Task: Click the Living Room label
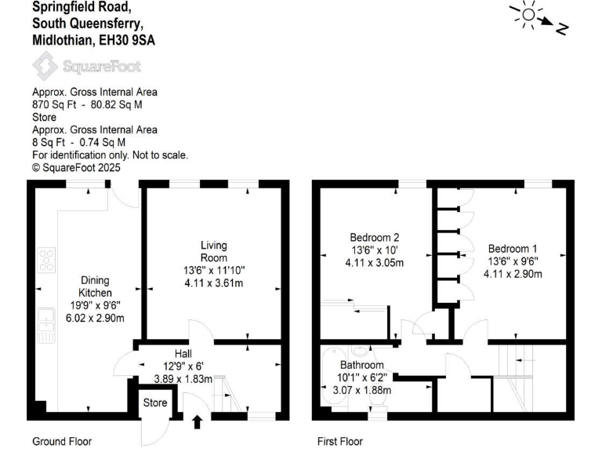click(213, 251)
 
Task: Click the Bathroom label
click(361, 366)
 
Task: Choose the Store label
click(154, 403)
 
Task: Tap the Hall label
click(183, 354)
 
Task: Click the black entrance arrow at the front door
click(197, 423)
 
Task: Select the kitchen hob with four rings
click(47, 259)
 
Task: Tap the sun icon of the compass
click(528, 14)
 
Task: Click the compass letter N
click(561, 29)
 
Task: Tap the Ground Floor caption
click(62, 442)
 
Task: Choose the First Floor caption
click(340, 442)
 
